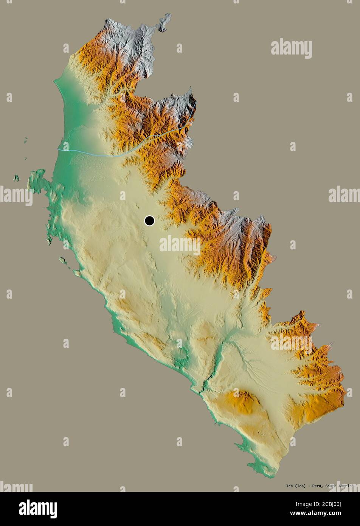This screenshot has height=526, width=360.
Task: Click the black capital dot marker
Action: click(x=149, y=221)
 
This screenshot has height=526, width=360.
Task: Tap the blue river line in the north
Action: click(x=113, y=155)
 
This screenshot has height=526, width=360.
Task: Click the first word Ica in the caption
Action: click(x=279, y=486)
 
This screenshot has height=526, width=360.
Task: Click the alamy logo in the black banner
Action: click(x=38, y=509)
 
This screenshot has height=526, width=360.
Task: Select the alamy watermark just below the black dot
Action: click(x=180, y=245)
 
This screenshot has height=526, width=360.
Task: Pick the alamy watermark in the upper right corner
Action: click(x=291, y=48)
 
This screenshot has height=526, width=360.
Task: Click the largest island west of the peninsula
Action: click(x=16, y=177)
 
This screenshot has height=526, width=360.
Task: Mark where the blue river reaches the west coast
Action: click(x=59, y=150)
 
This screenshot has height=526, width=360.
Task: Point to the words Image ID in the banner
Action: click(x=296, y=504)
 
